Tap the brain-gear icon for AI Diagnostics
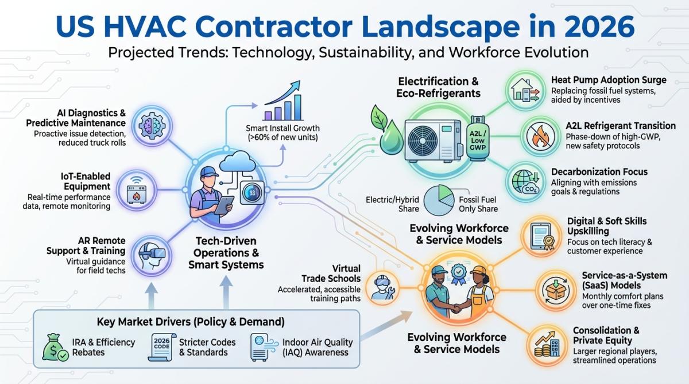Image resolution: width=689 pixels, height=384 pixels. (x=152, y=126)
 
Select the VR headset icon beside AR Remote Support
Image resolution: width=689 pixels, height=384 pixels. (x=152, y=255)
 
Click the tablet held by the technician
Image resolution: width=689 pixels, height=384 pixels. (x=223, y=205)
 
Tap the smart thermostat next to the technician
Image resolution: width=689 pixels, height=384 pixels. (x=252, y=193)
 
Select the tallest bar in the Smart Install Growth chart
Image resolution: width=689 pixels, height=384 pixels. (x=297, y=107)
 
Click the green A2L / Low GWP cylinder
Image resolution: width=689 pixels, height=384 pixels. (x=478, y=139)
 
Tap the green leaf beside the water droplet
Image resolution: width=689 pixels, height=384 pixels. (x=378, y=118)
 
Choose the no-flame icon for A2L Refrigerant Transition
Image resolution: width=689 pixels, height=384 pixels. (x=540, y=136)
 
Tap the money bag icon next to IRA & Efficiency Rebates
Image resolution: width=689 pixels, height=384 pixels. (x=55, y=347)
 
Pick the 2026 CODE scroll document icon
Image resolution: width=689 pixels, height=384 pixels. (x=162, y=347)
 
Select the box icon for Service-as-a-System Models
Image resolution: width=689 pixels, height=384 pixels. (x=555, y=290)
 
